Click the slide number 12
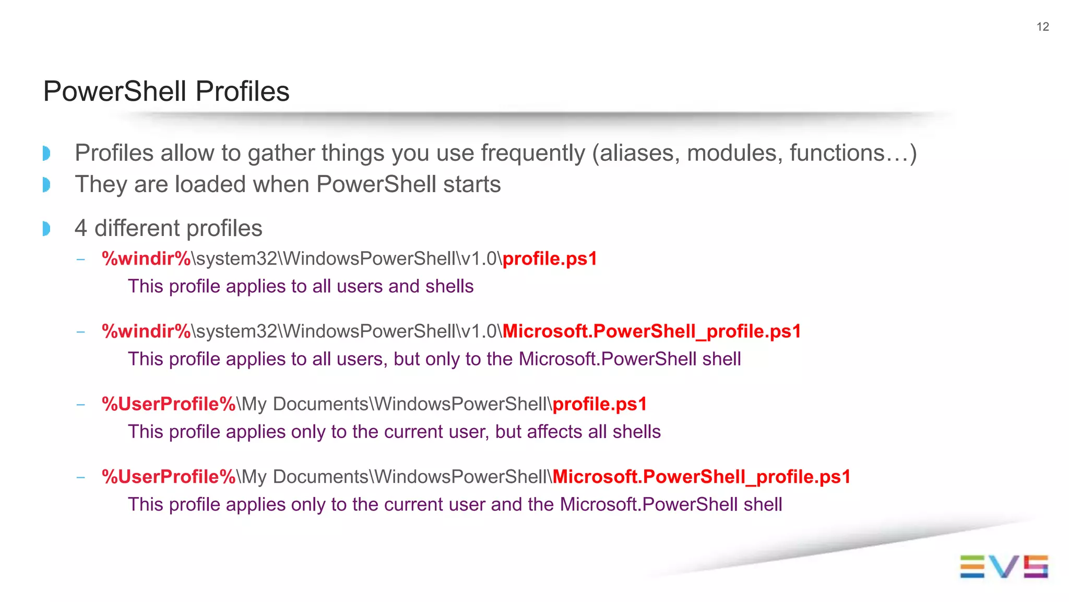tap(1042, 27)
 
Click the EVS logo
tap(1003, 566)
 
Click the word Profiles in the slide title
tap(242, 91)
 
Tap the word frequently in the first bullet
tap(533, 153)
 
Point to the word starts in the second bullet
tap(472, 184)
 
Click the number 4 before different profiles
tap(80, 228)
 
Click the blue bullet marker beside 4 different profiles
tap(46, 229)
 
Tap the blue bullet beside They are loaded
tap(46, 184)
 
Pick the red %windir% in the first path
tap(147, 258)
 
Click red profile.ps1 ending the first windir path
tap(549, 258)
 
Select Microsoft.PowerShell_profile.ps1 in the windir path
tap(651, 331)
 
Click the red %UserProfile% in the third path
tap(169, 404)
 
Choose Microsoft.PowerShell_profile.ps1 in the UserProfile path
tap(701, 476)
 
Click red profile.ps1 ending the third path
tap(599, 404)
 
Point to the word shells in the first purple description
tap(449, 286)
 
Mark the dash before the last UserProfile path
tap(80, 477)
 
